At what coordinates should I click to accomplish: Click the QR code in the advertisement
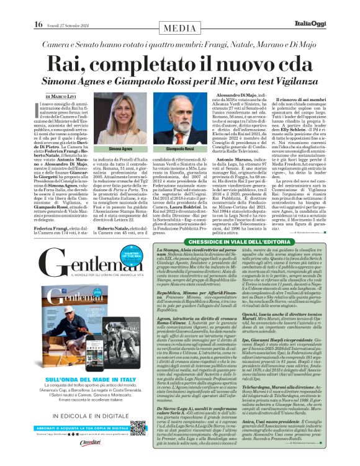[138, 428]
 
